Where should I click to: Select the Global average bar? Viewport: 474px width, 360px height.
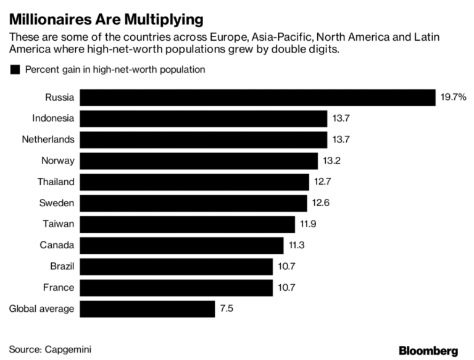pos(148,309)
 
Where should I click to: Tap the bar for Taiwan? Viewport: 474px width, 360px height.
pos(188,224)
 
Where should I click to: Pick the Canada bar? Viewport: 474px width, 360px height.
pos(182,245)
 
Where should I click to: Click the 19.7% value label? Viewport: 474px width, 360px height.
pos(453,98)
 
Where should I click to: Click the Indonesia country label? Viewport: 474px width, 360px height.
pos(52,119)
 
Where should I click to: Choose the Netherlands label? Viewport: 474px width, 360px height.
pos(49,140)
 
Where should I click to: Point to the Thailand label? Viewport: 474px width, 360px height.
pos(56,182)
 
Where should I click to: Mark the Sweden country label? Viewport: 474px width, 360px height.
pos(57,203)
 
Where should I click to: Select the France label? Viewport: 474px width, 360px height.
pos(59,287)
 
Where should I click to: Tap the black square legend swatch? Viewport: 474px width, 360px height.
pos(15,70)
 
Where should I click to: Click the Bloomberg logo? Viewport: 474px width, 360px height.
pos(428,351)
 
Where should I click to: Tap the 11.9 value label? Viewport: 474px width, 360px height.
pos(307,224)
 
